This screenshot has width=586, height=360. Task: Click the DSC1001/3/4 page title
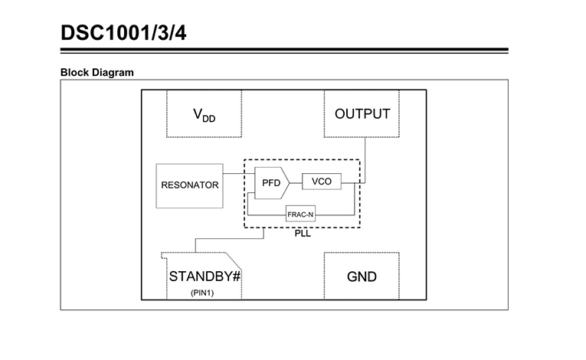[x=123, y=33]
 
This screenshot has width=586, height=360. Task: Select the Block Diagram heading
[x=97, y=73]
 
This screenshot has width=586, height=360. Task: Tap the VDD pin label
[x=204, y=115]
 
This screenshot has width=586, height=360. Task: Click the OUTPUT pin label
[x=362, y=113]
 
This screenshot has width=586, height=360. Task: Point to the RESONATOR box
[x=189, y=186]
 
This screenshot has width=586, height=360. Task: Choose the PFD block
[x=272, y=183]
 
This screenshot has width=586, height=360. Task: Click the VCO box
[x=322, y=182]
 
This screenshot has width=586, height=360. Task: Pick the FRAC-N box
[x=300, y=214]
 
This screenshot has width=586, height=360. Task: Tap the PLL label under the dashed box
[x=303, y=234]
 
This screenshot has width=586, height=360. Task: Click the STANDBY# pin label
[x=205, y=277]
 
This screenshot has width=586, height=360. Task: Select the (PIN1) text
[x=202, y=293]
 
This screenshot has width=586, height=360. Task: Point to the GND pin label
[x=362, y=277]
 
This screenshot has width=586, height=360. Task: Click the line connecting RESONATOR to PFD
[x=239, y=173]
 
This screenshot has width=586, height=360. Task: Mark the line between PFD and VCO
[x=296, y=183]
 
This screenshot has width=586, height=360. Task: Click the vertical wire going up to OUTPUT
[x=365, y=160]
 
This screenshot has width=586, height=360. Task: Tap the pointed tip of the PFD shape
[x=290, y=183]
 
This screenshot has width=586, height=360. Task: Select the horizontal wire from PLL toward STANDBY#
[x=230, y=238]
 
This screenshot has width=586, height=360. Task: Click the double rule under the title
[x=284, y=51]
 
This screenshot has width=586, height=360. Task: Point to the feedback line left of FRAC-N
[x=267, y=215]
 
